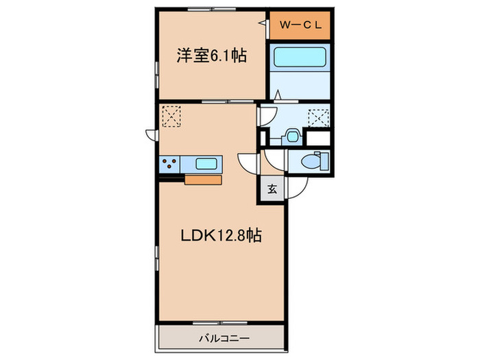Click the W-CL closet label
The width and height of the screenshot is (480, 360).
pyautogui.click(x=300, y=27)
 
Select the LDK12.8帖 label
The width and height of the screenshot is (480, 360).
pyautogui.click(x=221, y=235)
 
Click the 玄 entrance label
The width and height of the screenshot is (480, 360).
pyautogui.click(x=271, y=190)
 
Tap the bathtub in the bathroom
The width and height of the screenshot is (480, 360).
pyautogui.click(x=299, y=58)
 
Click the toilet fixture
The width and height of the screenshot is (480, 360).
pyautogui.click(x=317, y=162)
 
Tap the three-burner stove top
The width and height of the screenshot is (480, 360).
pyautogui.click(x=170, y=164)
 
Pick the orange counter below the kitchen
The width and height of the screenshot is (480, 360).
pyautogui.click(x=203, y=180)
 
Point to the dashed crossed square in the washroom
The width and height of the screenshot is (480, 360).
pyautogui.click(x=317, y=118)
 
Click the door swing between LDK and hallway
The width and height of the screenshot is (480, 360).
pyautogui.click(x=247, y=163)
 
